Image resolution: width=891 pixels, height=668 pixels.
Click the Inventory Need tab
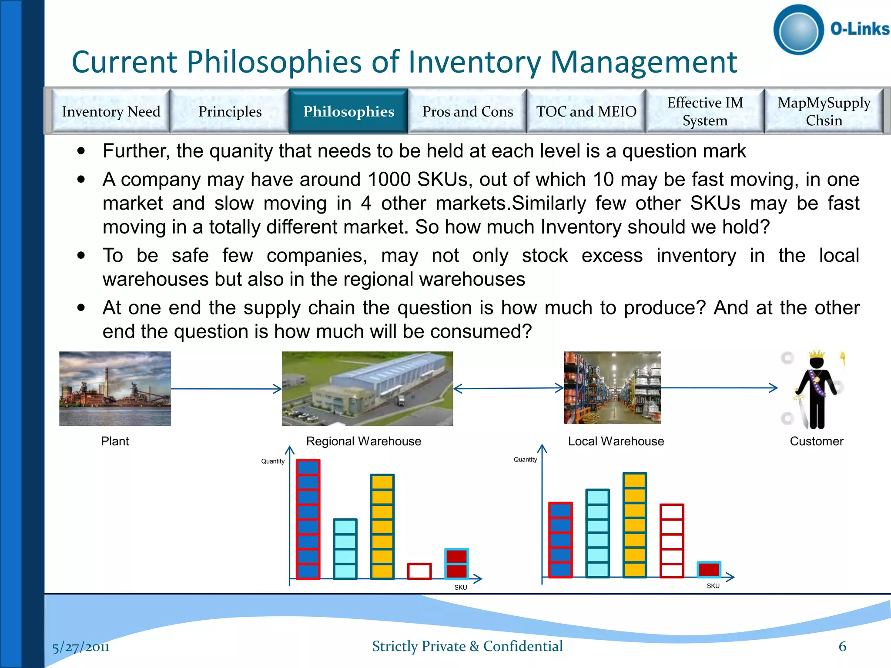tap(111, 111)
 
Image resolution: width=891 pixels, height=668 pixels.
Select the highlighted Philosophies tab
tap(348, 111)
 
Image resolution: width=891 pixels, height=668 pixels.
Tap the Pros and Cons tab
tap(468, 111)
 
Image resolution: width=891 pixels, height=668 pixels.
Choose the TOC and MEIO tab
tap(586, 111)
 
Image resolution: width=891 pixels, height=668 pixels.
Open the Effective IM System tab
tap(705, 111)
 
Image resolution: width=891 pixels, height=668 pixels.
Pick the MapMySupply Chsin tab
tap(824, 111)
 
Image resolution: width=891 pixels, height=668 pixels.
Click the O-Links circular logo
tap(798, 30)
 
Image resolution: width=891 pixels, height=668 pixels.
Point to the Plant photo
tap(115, 388)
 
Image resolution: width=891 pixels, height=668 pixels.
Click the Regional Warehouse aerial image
tap(367, 388)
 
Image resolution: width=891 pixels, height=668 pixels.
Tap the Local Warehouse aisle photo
tap(612, 387)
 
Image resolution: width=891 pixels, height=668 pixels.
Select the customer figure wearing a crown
tap(816, 390)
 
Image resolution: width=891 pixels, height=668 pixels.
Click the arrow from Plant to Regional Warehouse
tap(226, 389)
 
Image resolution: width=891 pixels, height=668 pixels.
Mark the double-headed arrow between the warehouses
tap(508, 388)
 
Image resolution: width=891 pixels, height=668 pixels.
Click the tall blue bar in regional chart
tap(308, 519)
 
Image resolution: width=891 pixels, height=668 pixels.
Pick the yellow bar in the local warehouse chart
tap(634, 525)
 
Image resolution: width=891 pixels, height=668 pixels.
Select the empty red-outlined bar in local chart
tap(672, 541)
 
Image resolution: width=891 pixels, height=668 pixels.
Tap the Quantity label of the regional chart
tap(273, 461)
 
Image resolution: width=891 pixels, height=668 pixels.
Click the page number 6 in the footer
tap(842, 646)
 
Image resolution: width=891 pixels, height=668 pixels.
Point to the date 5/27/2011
tap(81, 647)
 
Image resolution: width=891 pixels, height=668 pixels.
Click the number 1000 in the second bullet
tap(389, 180)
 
